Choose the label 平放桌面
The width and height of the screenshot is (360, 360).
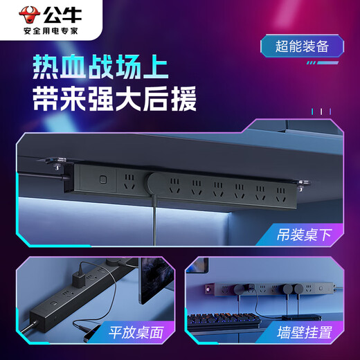click(x=138, y=333)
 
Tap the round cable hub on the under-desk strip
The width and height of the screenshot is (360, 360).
click(x=156, y=185)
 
